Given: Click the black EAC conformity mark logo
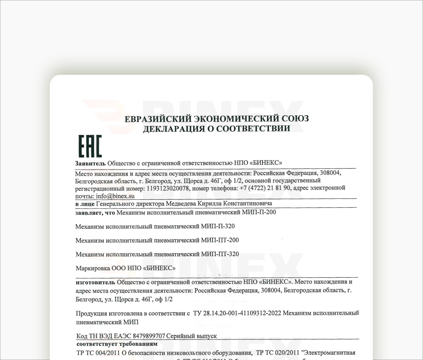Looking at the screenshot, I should coord(90,146).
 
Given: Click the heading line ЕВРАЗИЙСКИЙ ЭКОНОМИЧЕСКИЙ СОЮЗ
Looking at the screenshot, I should coord(216,119).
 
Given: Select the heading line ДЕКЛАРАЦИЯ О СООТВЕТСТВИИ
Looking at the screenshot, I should coord(216,129).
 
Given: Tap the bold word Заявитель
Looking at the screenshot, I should coord(90,163).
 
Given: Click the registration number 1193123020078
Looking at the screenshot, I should coord(168,189).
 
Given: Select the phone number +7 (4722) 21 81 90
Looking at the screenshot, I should coord(265,188).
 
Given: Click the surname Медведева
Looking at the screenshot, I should coord(181,204).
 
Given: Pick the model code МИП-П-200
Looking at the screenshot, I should coord(259,212).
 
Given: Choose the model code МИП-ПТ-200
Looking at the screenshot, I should coord(220,240).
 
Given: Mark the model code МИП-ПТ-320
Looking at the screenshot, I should coord(220,254).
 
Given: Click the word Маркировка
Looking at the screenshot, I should coord(93,268).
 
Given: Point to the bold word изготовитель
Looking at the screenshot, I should coord(95,282).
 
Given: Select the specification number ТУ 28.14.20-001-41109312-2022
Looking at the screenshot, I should coord(237,313).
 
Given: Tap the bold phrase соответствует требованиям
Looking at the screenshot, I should coord(117,344).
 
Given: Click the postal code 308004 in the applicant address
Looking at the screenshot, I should coord(330,173).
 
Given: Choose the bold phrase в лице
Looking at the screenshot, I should coord(85,204).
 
